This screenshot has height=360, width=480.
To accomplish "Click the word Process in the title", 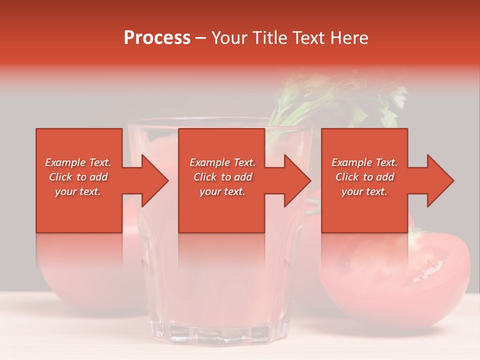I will pyautogui.click(x=157, y=38).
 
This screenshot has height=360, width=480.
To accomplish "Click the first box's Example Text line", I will pyautogui.click(x=78, y=162).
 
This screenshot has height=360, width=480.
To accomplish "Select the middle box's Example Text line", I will pyautogui.click(x=222, y=162).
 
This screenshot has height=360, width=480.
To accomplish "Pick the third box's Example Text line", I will pyautogui.click(x=364, y=162).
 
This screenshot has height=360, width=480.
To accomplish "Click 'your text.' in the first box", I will pyautogui.click(x=78, y=191).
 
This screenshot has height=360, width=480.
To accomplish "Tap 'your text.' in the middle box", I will pyautogui.click(x=222, y=191).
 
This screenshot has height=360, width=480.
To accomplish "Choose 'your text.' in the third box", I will pyautogui.click(x=364, y=191).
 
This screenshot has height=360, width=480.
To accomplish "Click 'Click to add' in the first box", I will pyautogui.click(x=78, y=177).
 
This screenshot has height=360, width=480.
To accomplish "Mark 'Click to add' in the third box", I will pyautogui.click(x=364, y=177).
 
